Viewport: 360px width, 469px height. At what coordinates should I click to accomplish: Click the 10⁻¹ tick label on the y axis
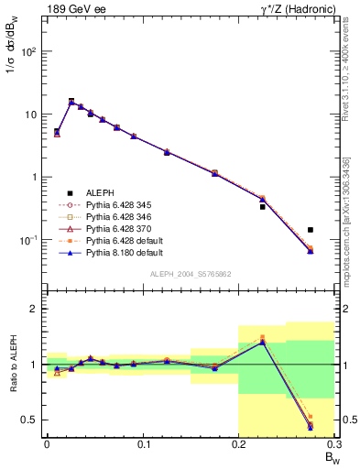pyautogui.click(x=28, y=240)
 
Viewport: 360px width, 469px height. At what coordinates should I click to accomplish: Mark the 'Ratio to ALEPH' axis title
pyautogui.click(x=12, y=365)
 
